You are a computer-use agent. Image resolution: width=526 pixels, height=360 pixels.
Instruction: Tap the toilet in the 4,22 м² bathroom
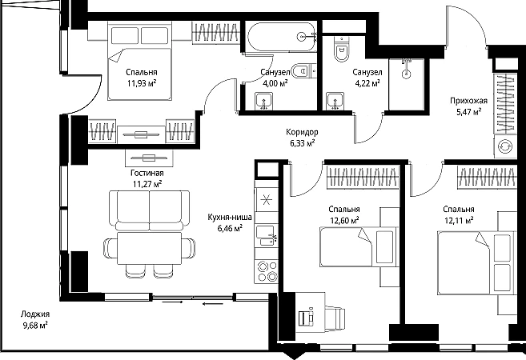click(342, 49)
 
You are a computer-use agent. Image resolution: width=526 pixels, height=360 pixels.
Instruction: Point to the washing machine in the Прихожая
click(505, 147)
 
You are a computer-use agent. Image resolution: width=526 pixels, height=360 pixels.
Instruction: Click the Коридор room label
click(302, 132)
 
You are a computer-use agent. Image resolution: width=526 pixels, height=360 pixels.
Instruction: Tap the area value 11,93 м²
click(142, 83)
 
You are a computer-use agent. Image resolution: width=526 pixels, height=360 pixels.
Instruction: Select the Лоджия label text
click(35, 314)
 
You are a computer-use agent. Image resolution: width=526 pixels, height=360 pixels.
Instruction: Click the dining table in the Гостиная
click(149, 248)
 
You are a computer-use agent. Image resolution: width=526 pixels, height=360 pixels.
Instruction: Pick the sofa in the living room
click(149, 210)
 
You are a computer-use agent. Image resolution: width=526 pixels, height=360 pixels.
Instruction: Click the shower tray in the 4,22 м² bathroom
click(406, 84)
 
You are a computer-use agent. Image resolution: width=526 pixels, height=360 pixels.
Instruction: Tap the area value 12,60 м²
click(343, 221)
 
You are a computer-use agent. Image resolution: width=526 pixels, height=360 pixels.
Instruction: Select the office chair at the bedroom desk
click(335, 316)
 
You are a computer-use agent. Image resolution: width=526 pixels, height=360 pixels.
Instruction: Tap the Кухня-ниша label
click(230, 218)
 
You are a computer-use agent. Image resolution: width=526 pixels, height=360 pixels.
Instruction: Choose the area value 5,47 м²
click(468, 112)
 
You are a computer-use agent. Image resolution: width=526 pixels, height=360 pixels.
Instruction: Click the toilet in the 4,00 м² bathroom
click(304, 71)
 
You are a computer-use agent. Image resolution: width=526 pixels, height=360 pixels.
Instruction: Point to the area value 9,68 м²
click(35, 325)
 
